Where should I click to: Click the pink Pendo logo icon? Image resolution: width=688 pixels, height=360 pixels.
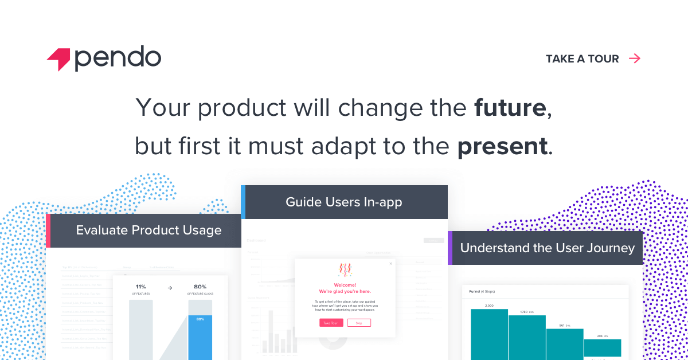(58, 59)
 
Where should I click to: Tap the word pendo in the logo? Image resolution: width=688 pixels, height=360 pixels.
(118, 58)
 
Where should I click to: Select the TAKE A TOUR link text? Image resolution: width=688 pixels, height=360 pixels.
(582, 58)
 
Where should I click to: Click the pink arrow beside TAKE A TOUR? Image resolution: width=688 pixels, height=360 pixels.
(635, 58)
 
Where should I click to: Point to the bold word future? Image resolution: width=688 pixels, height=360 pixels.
(510, 108)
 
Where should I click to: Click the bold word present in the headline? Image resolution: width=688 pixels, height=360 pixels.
(502, 146)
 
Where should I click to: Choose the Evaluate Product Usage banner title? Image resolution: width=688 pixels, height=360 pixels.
(148, 230)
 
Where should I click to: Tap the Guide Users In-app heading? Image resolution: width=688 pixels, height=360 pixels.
(344, 202)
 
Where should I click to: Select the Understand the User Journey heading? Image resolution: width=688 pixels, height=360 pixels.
(547, 248)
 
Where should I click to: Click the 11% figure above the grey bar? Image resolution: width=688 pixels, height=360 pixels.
(140, 287)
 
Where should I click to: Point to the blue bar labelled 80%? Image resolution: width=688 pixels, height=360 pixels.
(200, 338)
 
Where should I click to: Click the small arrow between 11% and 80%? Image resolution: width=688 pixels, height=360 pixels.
(170, 288)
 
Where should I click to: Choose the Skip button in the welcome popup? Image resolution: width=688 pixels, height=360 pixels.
(359, 323)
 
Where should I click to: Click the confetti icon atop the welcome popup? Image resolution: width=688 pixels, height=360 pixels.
(345, 270)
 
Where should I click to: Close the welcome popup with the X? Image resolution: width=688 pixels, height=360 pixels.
(391, 264)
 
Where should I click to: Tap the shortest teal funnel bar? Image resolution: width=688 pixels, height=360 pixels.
(602, 348)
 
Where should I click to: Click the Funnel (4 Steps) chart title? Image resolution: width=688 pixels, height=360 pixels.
(482, 291)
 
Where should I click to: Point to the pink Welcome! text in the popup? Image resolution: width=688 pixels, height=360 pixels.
(345, 285)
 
